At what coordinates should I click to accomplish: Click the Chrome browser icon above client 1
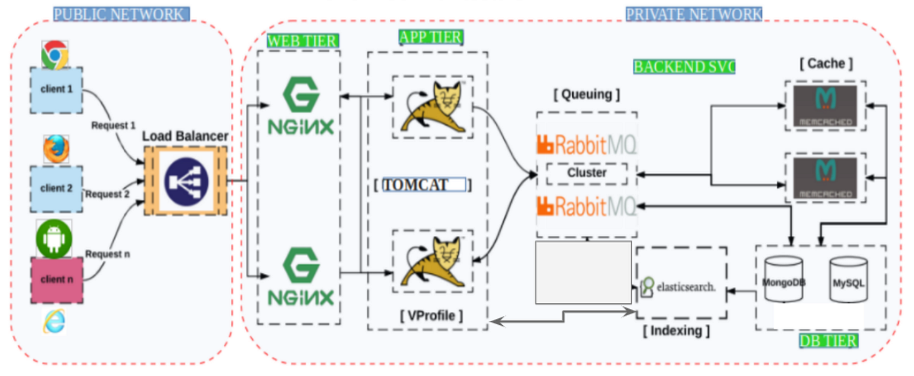(55, 54)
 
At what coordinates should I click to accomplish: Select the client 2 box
(55, 187)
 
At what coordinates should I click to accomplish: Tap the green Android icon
(53, 240)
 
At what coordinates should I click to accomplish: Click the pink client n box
(55, 279)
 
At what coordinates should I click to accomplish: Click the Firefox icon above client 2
(53, 150)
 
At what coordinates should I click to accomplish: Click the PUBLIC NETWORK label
(121, 14)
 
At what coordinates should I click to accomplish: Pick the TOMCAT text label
(423, 185)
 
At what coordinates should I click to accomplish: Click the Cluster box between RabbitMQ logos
(587, 173)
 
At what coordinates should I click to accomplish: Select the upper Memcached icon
(824, 106)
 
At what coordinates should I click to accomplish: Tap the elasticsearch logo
(678, 287)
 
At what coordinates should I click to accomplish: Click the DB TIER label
(828, 340)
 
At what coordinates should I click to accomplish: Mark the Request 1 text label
(113, 125)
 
